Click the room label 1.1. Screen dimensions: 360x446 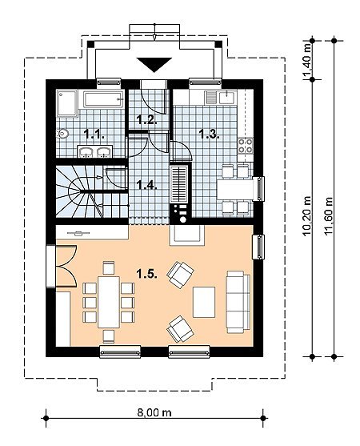tap(94, 134)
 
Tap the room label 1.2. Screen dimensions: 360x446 tap(146, 119)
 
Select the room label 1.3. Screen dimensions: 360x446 tap(209, 134)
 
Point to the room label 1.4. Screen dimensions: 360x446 tap(146, 185)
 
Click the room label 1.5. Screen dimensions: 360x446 tap(147, 274)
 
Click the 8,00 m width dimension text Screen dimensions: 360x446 tap(154, 412)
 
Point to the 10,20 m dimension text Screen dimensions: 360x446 tap(307, 217)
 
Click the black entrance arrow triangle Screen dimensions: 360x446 tap(154, 63)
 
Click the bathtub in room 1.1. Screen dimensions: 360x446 tap(103, 99)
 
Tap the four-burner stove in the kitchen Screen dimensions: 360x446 tap(246, 145)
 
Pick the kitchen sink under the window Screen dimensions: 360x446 tap(226, 97)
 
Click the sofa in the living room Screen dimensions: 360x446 tap(238, 302)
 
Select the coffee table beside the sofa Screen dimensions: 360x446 tap(204, 302)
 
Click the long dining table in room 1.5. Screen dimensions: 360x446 tap(109, 302)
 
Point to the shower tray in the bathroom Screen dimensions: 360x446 tap(67, 103)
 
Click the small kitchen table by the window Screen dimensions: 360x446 tap(235, 189)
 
